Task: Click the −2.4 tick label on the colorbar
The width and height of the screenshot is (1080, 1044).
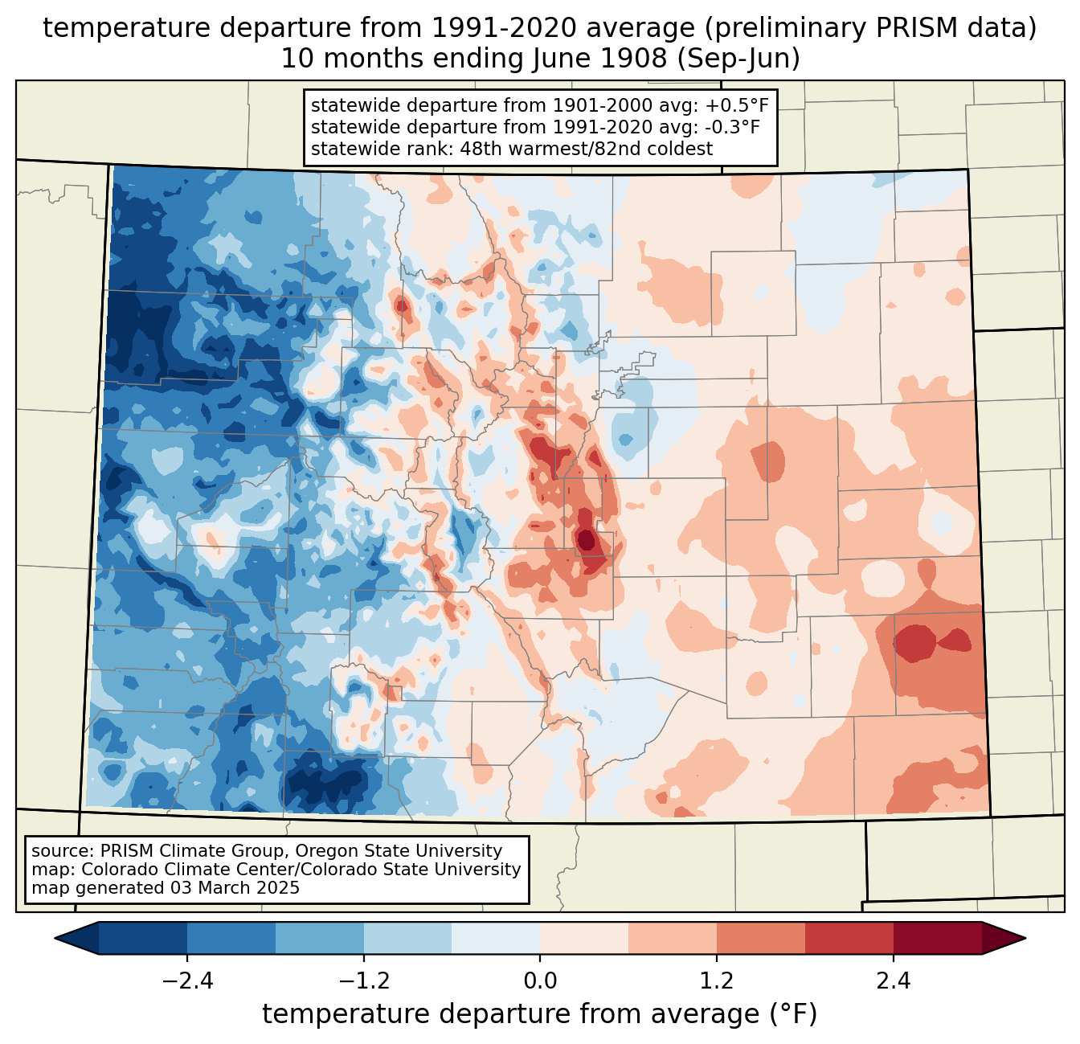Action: pos(187,981)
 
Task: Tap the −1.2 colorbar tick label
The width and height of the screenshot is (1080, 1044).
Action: pos(363,981)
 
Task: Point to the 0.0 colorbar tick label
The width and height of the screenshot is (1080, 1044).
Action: pos(540,981)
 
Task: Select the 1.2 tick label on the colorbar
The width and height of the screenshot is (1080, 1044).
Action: pos(717,981)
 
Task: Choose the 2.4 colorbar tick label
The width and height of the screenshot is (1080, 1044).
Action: pos(893,981)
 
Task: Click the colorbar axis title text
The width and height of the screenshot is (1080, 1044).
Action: pos(540,1014)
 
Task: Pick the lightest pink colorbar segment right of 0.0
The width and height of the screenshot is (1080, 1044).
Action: pos(584,938)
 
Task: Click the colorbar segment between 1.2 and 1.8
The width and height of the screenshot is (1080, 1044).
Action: pos(761,938)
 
